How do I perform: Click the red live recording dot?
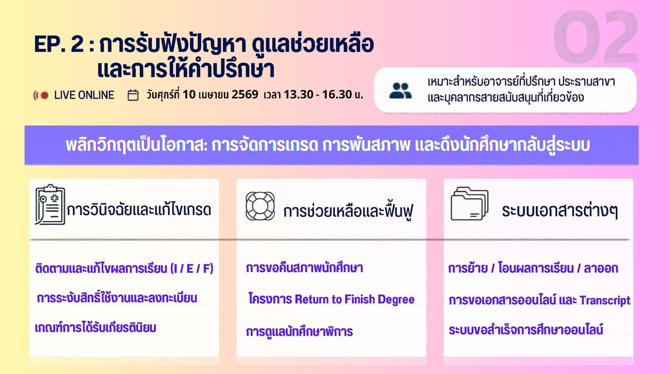pos(45,96)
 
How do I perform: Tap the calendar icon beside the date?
pos(133,95)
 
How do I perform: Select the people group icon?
pos(400,91)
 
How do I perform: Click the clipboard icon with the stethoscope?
pos(50,204)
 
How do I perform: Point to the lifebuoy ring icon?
pos(260,206)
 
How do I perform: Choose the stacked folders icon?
pos(470,204)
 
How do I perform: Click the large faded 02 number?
pos(596,37)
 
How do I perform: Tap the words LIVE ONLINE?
pos(84,95)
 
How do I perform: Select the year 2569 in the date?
pos(245,95)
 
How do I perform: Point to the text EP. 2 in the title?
pos(59,44)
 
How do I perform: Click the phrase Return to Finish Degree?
pos(354,299)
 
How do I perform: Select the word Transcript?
pos(605,300)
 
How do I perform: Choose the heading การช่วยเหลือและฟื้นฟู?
pos(349,211)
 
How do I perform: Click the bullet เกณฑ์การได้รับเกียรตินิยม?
pos(96,328)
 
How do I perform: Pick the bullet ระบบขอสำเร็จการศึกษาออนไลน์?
pos(526,329)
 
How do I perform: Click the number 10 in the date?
pos(189,95)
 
